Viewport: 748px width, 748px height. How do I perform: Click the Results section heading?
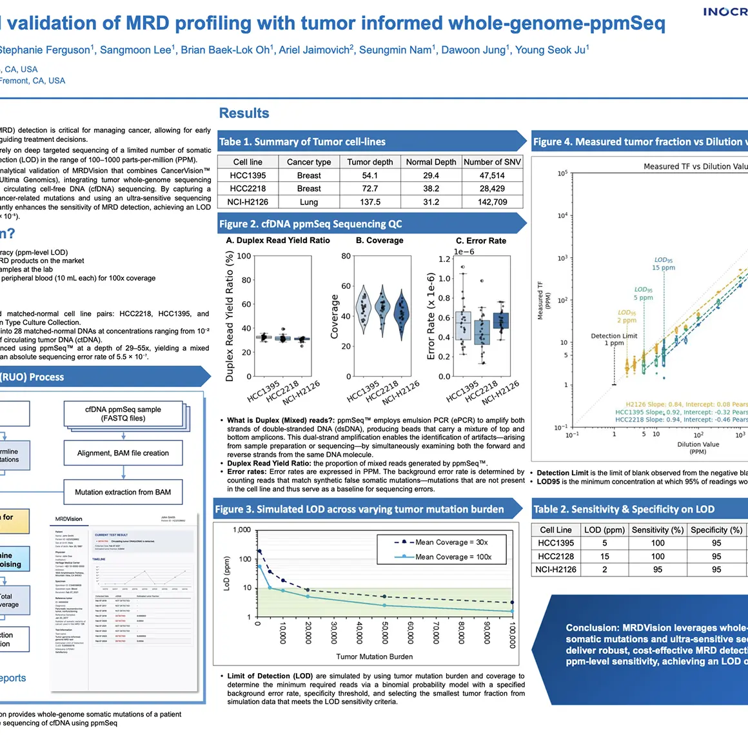click(244, 113)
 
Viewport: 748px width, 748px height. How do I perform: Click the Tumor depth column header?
click(369, 162)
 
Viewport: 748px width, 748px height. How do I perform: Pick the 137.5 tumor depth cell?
click(369, 202)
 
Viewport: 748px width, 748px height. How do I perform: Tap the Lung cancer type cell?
click(309, 202)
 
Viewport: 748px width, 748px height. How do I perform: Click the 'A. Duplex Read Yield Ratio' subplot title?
click(278, 241)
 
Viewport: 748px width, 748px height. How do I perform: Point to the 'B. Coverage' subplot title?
click(379, 241)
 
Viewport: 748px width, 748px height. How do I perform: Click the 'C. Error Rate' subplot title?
click(481, 241)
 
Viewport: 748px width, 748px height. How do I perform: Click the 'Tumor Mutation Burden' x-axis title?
click(374, 656)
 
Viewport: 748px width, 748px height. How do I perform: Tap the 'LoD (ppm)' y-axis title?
click(226, 574)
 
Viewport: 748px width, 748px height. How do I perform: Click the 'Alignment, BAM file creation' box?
click(123, 453)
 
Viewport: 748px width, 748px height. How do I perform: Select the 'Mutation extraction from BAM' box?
click(123, 492)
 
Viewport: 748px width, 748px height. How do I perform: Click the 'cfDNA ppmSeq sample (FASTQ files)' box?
click(123, 414)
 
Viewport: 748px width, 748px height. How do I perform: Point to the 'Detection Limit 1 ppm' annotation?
click(614, 339)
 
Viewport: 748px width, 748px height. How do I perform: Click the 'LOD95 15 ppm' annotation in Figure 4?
click(663, 264)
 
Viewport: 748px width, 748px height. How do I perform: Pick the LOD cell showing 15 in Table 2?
click(604, 556)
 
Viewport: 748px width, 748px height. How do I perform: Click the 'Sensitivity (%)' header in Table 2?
click(657, 530)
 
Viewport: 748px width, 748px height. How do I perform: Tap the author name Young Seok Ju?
click(551, 50)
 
